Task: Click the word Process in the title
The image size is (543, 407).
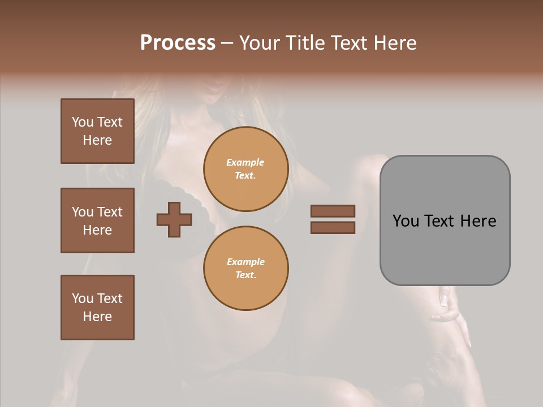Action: click(178, 43)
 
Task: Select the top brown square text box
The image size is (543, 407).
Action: click(97, 131)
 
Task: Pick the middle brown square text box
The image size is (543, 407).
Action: click(97, 220)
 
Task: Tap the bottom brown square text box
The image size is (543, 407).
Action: click(97, 308)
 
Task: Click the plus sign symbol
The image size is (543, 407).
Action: click(174, 219)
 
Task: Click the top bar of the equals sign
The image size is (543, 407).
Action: click(333, 211)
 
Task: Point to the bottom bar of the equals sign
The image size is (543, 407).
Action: click(333, 227)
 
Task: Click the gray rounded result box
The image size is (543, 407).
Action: click(445, 249)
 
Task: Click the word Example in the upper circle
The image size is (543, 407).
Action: click(245, 162)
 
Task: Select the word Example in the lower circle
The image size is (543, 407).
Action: click(245, 262)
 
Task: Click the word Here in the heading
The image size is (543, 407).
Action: click(394, 43)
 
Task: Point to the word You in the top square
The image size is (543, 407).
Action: click(83, 122)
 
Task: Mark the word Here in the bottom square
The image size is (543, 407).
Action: click(97, 317)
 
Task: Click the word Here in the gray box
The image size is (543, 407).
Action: click(478, 220)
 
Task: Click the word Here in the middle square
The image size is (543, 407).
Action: click(97, 230)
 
